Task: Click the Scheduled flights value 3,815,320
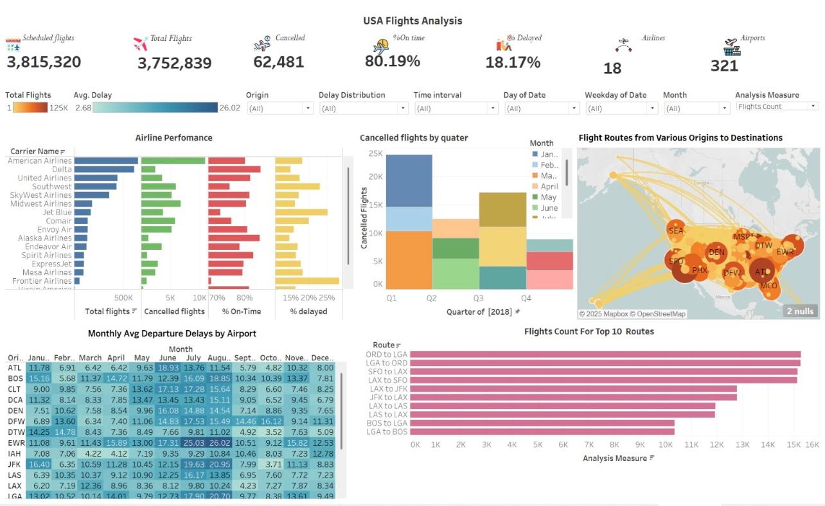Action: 44,62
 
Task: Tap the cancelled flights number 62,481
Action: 278,62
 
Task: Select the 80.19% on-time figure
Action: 392,61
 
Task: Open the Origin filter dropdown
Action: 279,109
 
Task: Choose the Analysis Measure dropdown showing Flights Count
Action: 777,107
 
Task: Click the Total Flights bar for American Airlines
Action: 106,161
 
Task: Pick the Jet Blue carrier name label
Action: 57,212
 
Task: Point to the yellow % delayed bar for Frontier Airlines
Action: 306,281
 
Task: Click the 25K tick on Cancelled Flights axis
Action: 375,153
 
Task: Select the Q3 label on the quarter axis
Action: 478,299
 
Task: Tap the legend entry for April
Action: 549,186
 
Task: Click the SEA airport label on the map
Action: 676,231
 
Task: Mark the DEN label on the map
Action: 716,252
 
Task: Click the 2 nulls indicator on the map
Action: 799,311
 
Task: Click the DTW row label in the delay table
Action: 15,432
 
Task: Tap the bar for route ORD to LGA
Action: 605,354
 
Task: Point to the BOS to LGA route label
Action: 387,423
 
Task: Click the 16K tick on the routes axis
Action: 812,444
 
